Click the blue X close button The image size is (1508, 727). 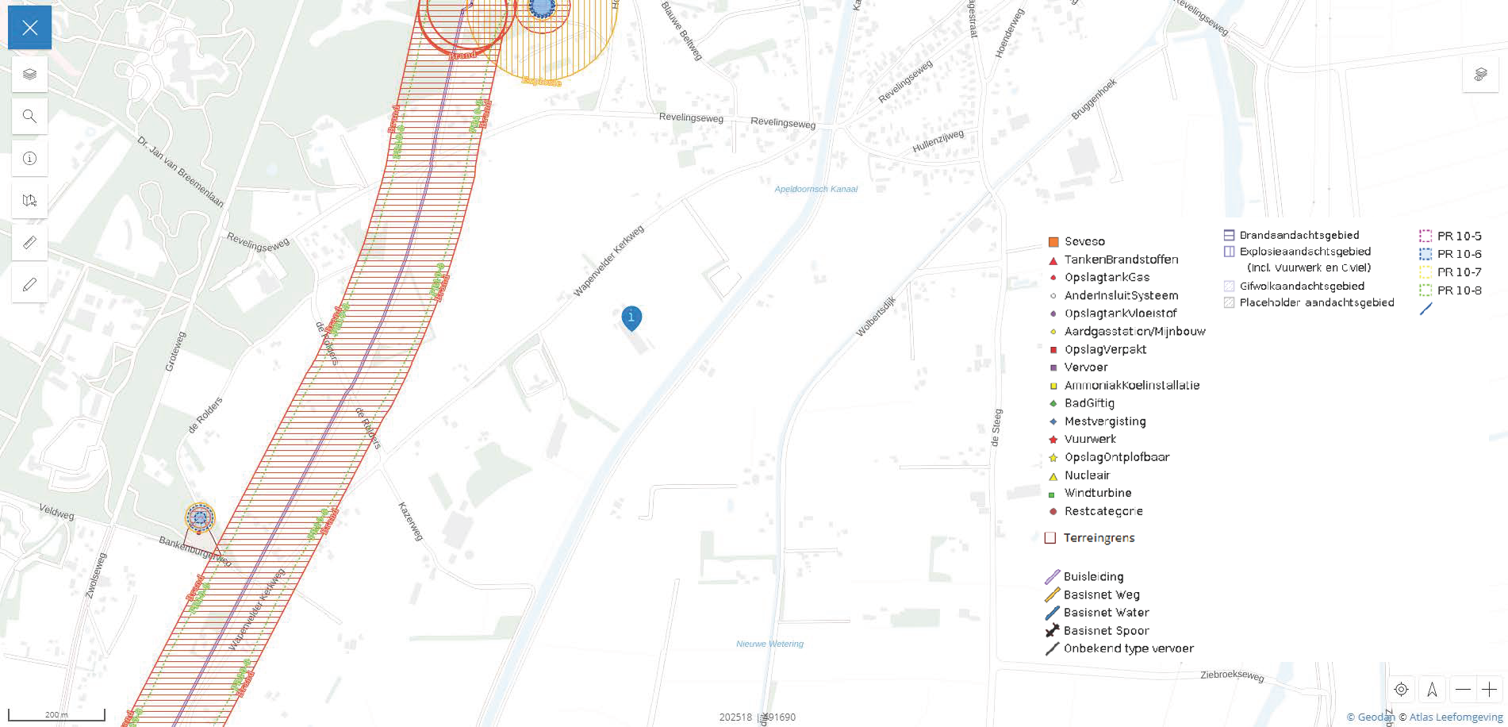30,28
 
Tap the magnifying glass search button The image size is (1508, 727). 30,117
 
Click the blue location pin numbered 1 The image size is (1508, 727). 631,317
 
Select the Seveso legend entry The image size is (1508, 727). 1084,241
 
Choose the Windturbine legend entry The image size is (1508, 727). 1097,493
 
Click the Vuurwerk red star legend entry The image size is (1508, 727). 1089,439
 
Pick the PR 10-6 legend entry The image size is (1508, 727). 1458,254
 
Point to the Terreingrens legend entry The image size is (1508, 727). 1098,538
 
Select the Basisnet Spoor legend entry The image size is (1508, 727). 1105,631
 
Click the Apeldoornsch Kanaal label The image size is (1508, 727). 815,189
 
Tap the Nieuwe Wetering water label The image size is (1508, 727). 769,644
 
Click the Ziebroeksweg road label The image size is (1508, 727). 1231,675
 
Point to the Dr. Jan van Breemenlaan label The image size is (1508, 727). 180,171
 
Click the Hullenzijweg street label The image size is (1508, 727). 938,141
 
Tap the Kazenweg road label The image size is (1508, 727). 410,521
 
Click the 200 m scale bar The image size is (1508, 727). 56,715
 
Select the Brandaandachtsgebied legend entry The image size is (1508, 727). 1299,235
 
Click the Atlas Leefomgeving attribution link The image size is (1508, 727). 1456,717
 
